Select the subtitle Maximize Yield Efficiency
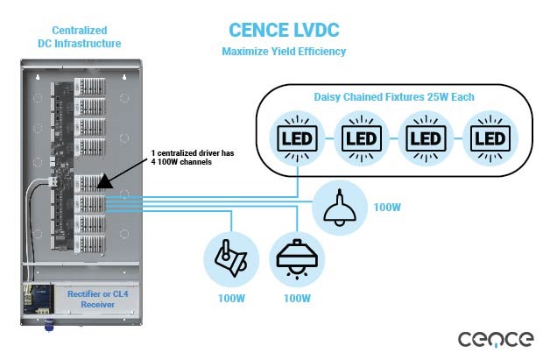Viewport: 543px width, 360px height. [286, 52]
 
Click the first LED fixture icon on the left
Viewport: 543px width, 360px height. [297, 138]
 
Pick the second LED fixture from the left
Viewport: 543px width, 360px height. [362, 138]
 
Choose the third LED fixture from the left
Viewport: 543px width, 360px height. [426, 138]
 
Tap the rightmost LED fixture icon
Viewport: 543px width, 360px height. [489, 138]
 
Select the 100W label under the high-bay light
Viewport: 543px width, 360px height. [295, 299]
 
